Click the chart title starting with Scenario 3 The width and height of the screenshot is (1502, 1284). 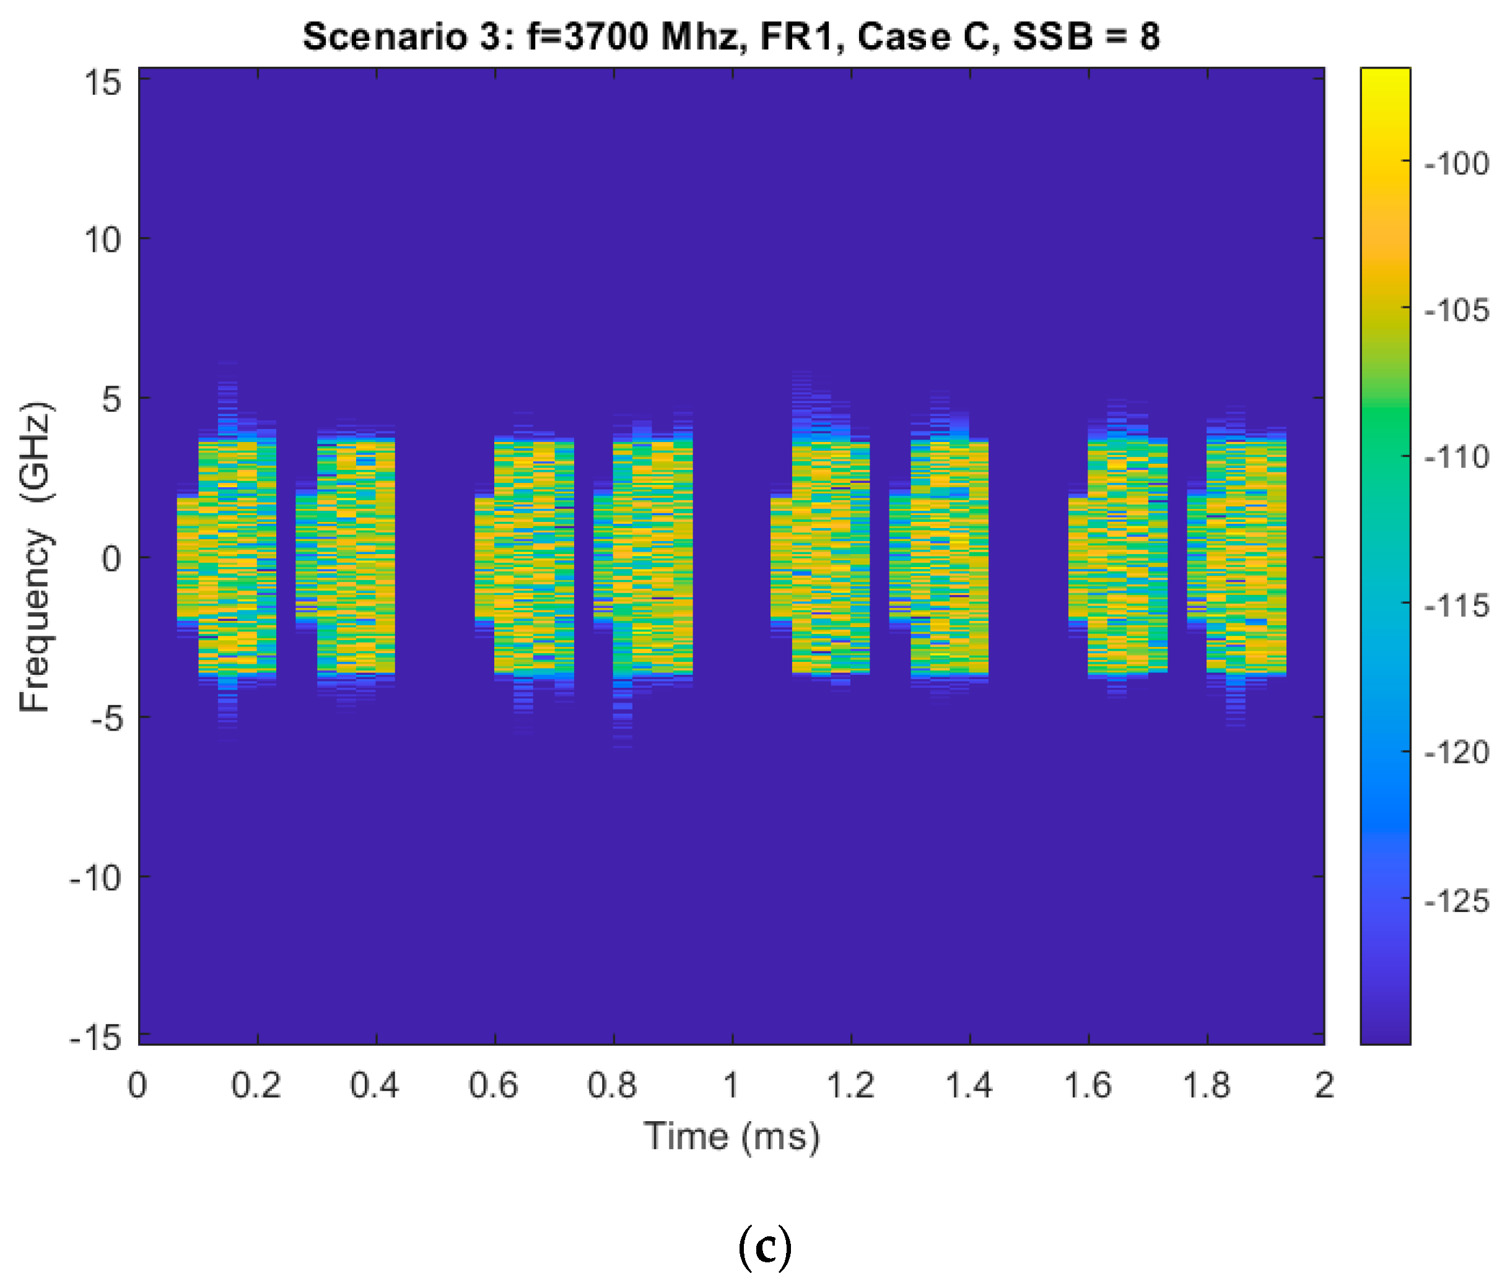click(731, 37)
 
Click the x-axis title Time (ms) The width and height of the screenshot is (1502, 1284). click(731, 1136)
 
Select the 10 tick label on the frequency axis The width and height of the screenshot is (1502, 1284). click(103, 239)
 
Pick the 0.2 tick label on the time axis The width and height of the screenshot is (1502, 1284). click(256, 1085)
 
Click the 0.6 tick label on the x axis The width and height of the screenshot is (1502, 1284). click(494, 1085)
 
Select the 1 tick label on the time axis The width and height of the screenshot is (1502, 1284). click(731, 1085)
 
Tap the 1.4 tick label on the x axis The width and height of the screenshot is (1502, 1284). click(969, 1085)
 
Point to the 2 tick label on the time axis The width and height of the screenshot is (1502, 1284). click(1324, 1085)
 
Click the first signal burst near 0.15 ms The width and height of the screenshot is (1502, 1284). click(227, 557)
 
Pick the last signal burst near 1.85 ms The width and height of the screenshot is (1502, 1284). click(1237, 557)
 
